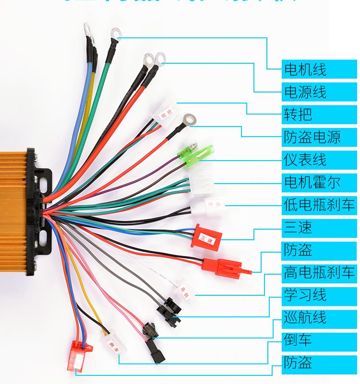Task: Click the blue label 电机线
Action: pos(320,70)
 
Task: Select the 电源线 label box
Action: pos(320,92)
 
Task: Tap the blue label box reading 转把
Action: pos(320,114)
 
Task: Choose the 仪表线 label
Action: pos(320,159)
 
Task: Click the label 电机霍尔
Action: pos(320,182)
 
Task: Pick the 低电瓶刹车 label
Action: pos(320,205)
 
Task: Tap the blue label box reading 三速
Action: pos(320,227)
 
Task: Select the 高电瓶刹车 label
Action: pos(320,273)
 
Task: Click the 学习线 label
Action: pos(320,295)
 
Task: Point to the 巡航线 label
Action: pos(320,317)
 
